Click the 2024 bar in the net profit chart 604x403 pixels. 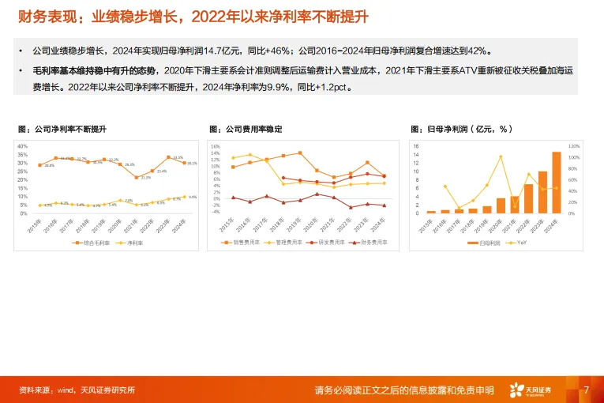[557, 183]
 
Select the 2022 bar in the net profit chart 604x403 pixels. [528, 199]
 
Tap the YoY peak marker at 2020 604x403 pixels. [501, 156]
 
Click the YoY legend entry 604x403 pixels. [519, 242]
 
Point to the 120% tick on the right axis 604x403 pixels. [574, 146]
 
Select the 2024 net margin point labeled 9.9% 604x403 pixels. [185, 197]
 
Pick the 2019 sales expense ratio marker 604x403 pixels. [300, 153]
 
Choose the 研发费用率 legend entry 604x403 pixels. [324, 242]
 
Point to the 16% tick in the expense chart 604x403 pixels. [215, 146]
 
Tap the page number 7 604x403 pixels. [586, 390]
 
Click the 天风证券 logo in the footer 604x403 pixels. [531, 390]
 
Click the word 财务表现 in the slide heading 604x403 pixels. [37, 16]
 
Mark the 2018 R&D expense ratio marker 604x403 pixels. [283, 178]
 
